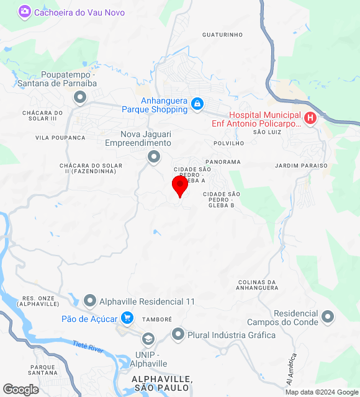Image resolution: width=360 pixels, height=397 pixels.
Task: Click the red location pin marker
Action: pyautogui.click(x=180, y=186)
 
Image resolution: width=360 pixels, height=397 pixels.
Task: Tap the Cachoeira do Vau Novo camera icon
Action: pyautogui.click(x=25, y=11)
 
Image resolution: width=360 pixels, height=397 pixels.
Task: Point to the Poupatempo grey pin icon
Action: pyautogui.click(x=79, y=97)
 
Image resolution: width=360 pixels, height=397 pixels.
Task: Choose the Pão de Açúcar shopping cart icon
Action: pyautogui.click(x=127, y=318)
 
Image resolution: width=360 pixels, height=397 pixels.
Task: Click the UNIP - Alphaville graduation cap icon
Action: pyautogui.click(x=148, y=339)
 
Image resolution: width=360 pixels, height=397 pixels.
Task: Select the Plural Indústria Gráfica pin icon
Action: pyautogui.click(x=178, y=334)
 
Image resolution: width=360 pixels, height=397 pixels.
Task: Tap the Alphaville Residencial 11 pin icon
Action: pyautogui.click(x=90, y=301)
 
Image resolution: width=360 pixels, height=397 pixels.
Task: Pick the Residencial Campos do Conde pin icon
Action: pyautogui.click(x=328, y=318)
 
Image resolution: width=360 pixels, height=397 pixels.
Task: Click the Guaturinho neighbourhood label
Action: pyautogui.click(x=222, y=35)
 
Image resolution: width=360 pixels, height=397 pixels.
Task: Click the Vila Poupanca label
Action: pyautogui.click(x=60, y=138)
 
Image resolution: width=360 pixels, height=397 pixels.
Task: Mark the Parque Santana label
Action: pyautogui.click(x=43, y=370)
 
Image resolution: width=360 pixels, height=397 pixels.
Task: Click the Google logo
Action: pyautogui.click(x=20, y=390)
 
